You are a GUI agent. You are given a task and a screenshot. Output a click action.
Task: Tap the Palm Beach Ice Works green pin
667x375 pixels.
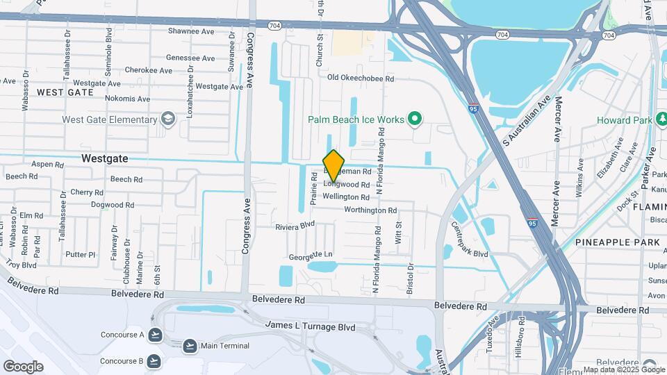pyautogui.click(x=415, y=119)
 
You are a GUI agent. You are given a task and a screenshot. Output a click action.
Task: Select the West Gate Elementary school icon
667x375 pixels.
pyautogui.click(x=167, y=119)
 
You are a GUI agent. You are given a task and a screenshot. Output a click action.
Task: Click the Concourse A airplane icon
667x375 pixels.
pyautogui.click(x=155, y=335)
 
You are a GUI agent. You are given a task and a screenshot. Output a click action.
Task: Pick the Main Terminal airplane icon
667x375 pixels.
pyautogui.click(x=190, y=346)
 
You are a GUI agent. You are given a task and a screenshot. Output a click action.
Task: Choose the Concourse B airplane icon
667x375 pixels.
pyautogui.click(x=154, y=360)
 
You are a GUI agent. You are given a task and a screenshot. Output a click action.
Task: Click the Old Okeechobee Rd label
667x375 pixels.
pyautogui.click(x=361, y=79)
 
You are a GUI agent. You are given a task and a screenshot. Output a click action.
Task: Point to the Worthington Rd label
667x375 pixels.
pyautogui.click(x=370, y=210)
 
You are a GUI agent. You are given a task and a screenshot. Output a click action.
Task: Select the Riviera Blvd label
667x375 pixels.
pyautogui.click(x=295, y=226)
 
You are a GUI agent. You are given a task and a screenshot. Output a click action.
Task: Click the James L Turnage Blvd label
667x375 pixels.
pyautogui.click(x=311, y=326)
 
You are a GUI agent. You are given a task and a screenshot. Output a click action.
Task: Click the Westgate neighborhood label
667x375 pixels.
pyautogui.click(x=104, y=158)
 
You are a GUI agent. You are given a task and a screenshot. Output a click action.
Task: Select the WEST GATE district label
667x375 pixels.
pyautogui.click(x=65, y=92)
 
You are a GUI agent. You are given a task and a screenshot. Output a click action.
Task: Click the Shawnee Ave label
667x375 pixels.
pyautogui.click(x=191, y=31)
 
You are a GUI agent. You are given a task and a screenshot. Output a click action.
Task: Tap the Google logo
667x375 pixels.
pyautogui.click(x=23, y=366)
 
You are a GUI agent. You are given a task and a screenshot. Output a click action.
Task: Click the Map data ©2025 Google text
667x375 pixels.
pyautogui.click(x=623, y=369)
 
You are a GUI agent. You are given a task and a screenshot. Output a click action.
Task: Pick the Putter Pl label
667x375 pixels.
pyautogui.click(x=80, y=255)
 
